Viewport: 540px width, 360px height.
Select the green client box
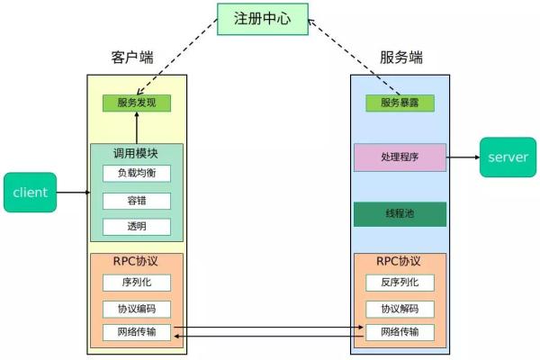[x=30, y=192]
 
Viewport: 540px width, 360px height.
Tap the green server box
[x=508, y=157]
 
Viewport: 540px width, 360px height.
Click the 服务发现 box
[x=136, y=103]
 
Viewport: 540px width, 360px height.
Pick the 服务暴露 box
[x=400, y=103]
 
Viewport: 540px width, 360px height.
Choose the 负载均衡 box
[x=136, y=173]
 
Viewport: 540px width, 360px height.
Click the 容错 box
[x=136, y=200]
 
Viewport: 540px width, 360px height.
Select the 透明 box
[x=136, y=226]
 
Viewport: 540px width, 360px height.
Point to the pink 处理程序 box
[x=400, y=157]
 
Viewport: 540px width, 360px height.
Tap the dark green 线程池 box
[x=400, y=213]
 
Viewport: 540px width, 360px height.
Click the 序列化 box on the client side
[x=136, y=283]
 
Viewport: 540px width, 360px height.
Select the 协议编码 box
[x=136, y=309]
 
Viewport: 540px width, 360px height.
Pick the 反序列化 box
[x=400, y=283]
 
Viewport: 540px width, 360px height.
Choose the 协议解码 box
[x=400, y=309]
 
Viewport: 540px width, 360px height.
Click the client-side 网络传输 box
[x=136, y=332]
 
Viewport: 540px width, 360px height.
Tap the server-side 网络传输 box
[x=400, y=332]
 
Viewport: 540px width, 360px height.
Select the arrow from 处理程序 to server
[x=463, y=157]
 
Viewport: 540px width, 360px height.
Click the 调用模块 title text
[x=136, y=153]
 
